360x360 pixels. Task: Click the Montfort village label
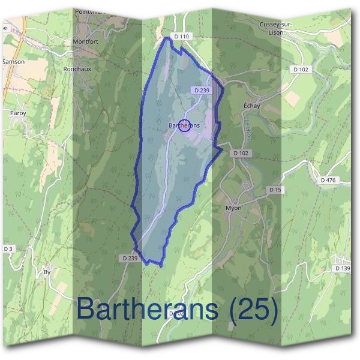coord(85,41)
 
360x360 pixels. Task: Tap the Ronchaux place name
coord(77,69)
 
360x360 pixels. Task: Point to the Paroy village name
coord(17,112)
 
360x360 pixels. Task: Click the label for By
coord(47,272)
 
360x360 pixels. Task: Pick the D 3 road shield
coord(8,248)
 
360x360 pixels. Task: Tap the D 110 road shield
coord(181,37)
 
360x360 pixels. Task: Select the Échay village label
coord(251,106)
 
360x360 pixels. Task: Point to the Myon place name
coord(233,208)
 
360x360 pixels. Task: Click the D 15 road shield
coord(275,190)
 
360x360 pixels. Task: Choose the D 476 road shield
coord(327,180)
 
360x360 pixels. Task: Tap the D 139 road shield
coord(343,268)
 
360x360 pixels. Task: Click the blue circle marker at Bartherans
coord(185,125)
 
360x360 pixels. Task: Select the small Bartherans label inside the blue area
coord(184,125)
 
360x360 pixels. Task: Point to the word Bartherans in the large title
coord(147,310)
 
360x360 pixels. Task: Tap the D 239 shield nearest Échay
coord(201,89)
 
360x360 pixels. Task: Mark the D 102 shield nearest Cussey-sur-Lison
coord(302,70)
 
